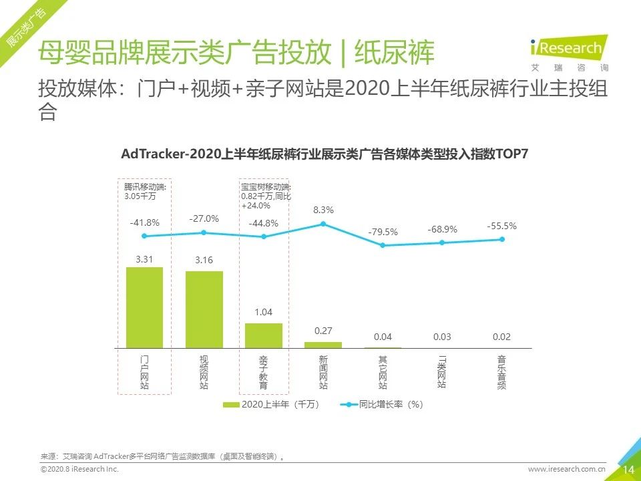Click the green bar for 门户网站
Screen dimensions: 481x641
pyautogui.click(x=144, y=307)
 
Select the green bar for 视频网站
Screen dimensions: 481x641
pyautogui.click(x=204, y=309)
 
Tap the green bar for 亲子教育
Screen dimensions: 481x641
pyautogui.click(x=263, y=335)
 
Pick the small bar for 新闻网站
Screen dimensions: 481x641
pyautogui.click(x=323, y=345)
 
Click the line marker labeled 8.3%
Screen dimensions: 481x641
pyautogui.click(x=323, y=224)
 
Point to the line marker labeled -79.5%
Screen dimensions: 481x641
pyautogui.click(x=383, y=245)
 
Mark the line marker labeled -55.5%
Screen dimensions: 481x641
pyautogui.click(x=501, y=239)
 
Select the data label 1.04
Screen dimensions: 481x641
pyautogui.click(x=263, y=312)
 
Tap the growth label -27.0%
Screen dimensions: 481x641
pyautogui.click(x=204, y=218)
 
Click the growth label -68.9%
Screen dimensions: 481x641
pyautogui.click(x=442, y=229)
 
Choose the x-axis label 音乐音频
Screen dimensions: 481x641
pyautogui.click(x=501, y=372)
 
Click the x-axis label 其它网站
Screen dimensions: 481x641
pyautogui.click(x=383, y=372)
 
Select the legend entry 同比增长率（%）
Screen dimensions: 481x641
pyautogui.click(x=383, y=404)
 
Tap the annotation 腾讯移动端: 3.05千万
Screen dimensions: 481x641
pyautogui.click(x=145, y=192)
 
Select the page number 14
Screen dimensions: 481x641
pyautogui.click(x=628, y=470)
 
